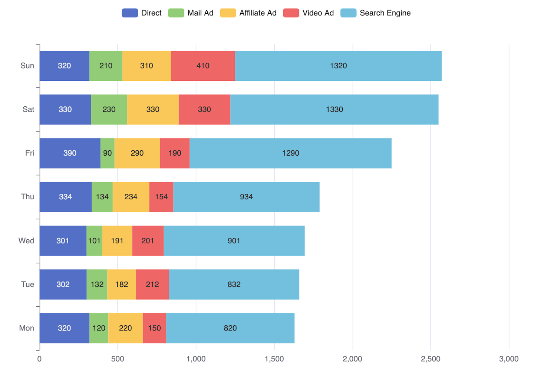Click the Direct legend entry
(x=142, y=13)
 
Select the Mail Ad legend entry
(x=191, y=13)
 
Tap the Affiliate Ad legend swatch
(x=228, y=13)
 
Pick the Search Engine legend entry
(x=376, y=13)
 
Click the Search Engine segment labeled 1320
(x=338, y=66)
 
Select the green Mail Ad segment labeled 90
(x=107, y=153)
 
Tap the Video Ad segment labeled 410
(x=203, y=66)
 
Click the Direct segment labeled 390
(x=70, y=153)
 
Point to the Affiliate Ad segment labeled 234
(x=131, y=197)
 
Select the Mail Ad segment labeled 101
(x=94, y=241)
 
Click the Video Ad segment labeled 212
(x=152, y=285)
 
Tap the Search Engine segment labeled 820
(x=230, y=328)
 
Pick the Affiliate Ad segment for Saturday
(x=153, y=109)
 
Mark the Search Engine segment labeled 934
(x=246, y=197)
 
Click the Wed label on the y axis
(x=26, y=241)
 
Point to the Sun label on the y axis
(x=27, y=66)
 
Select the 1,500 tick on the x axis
(x=274, y=359)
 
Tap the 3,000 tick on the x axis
(x=509, y=359)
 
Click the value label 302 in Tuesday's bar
(x=63, y=285)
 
